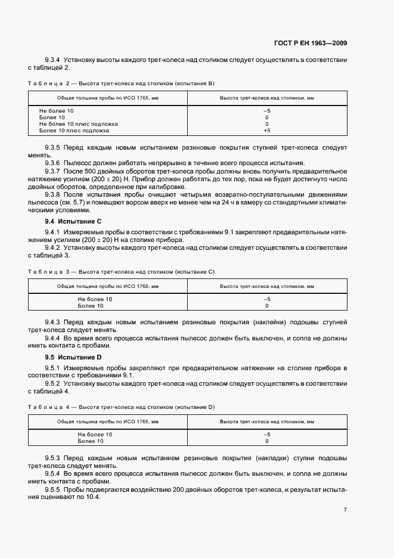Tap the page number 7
coord(345,510)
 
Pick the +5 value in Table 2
coord(266,130)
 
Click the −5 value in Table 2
coord(266,111)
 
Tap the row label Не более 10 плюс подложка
coord(78,124)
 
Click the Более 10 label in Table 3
coord(91,306)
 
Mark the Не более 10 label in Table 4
coord(95,435)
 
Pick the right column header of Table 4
coord(266,421)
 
